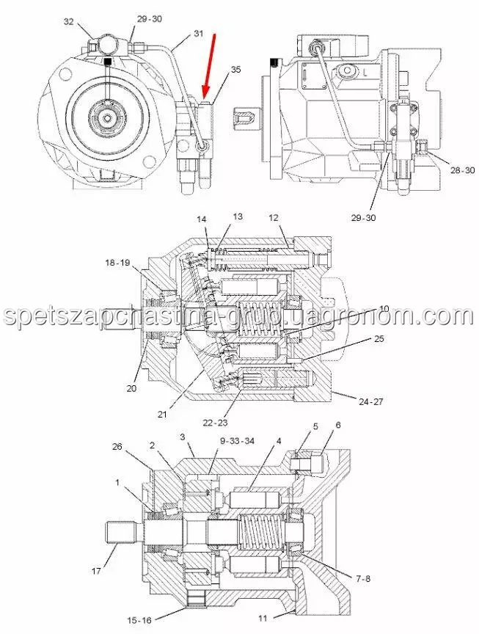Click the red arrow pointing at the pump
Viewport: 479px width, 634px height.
click(x=209, y=67)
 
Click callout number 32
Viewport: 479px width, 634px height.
click(x=69, y=21)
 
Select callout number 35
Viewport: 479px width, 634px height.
click(x=235, y=70)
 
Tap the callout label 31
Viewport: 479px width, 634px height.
click(x=199, y=34)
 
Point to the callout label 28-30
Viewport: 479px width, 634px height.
click(x=463, y=170)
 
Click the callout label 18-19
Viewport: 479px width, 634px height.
click(x=117, y=263)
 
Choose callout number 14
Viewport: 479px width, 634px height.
click(x=202, y=219)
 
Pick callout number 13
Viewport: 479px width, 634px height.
click(x=238, y=216)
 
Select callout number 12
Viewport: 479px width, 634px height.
click(x=274, y=218)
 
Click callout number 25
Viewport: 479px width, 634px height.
click(x=379, y=338)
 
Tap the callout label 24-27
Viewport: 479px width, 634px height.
click(x=370, y=401)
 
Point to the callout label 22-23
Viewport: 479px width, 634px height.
click(x=215, y=423)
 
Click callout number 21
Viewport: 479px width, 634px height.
click(x=162, y=415)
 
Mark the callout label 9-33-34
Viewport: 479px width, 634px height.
click(x=237, y=441)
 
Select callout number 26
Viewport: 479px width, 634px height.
click(x=117, y=446)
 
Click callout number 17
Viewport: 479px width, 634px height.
click(x=96, y=572)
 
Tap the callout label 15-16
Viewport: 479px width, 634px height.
click(x=140, y=620)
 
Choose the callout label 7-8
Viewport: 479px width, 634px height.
click(x=363, y=579)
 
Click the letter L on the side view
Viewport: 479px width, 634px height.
click(x=365, y=73)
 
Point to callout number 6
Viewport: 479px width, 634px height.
click(x=338, y=425)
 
